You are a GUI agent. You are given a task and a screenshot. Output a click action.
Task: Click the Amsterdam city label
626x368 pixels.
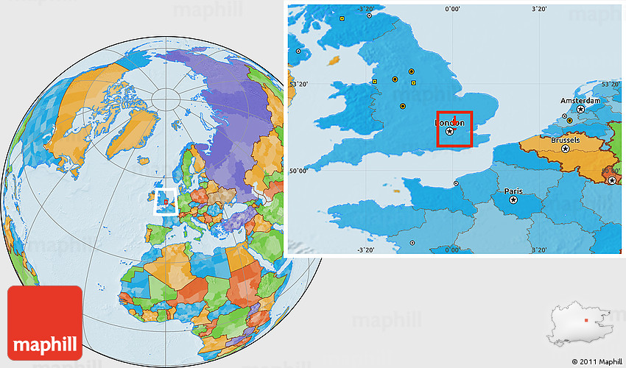(x=580, y=101)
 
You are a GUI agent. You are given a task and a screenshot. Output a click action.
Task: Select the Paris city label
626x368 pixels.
(x=513, y=191)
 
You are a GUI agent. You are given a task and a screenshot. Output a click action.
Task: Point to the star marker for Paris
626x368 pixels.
(x=513, y=199)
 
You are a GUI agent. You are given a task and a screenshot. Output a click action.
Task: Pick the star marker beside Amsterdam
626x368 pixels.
(x=580, y=110)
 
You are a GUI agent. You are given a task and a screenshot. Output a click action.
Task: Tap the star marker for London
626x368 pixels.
(x=449, y=131)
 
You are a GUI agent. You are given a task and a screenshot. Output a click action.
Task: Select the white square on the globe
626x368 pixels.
(x=165, y=201)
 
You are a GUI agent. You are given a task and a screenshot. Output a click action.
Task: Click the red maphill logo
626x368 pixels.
(x=44, y=322)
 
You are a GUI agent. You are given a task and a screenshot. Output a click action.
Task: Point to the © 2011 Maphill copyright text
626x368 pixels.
(x=596, y=361)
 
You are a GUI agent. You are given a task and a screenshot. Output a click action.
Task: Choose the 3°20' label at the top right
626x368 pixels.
(x=539, y=9)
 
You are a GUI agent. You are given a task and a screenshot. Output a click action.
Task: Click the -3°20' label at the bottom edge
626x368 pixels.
(x=366, y=250)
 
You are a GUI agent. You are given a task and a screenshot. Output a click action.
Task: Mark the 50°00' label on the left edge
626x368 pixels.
(x=298, y=171)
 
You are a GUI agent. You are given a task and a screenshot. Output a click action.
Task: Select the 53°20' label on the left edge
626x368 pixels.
(x=298, y=85)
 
